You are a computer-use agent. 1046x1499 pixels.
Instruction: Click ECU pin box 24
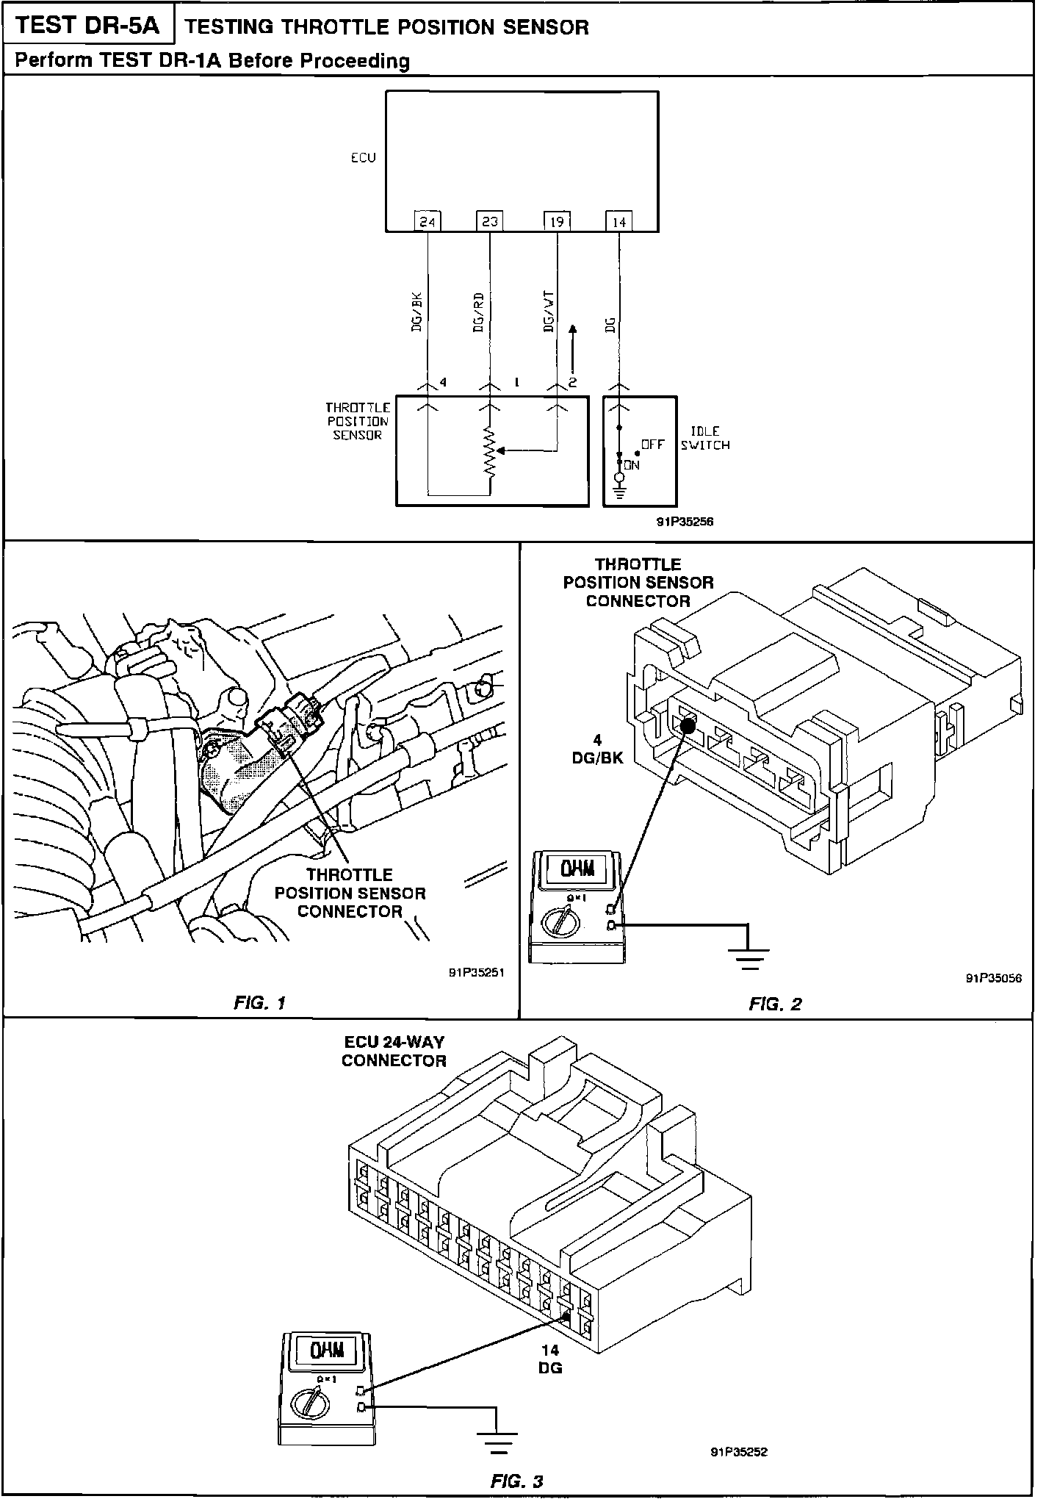click(x=427, y=220)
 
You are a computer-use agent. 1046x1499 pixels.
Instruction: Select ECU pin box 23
click(x=489, y=220)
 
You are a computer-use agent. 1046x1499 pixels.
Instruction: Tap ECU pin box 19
click(x=556, y=220)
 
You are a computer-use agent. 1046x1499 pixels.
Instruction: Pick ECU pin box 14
click(x=618, y=220)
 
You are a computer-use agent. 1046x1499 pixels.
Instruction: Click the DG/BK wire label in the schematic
click(x=416, y=314)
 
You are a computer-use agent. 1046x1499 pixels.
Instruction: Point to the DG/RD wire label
click(x=478, y=314)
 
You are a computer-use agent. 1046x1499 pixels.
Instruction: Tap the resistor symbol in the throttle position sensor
click(x=489, y=451)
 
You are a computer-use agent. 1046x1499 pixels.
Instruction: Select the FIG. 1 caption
click(x=259, y=1003)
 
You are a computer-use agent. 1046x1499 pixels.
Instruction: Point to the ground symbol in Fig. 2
click(x=749, y=957)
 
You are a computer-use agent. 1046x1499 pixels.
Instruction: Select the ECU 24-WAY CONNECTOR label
click(x=394, y=1052)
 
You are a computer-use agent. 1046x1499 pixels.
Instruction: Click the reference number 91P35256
click(x=685, y=522)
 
